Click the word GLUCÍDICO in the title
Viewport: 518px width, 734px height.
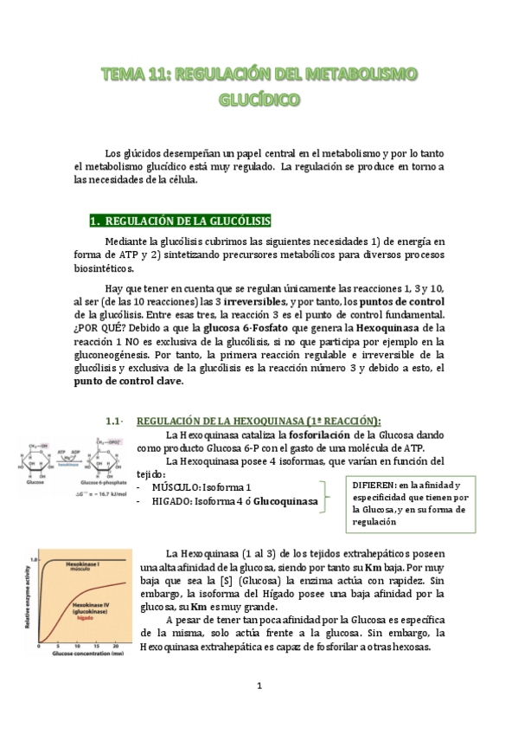259,100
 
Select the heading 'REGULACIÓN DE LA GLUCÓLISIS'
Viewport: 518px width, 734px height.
189,221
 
